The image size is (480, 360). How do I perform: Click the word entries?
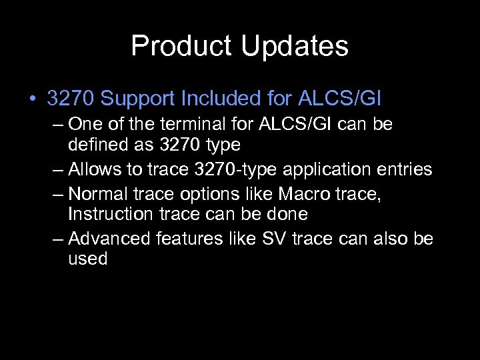402,169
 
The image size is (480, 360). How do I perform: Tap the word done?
287,215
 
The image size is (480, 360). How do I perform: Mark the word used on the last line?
87,259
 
